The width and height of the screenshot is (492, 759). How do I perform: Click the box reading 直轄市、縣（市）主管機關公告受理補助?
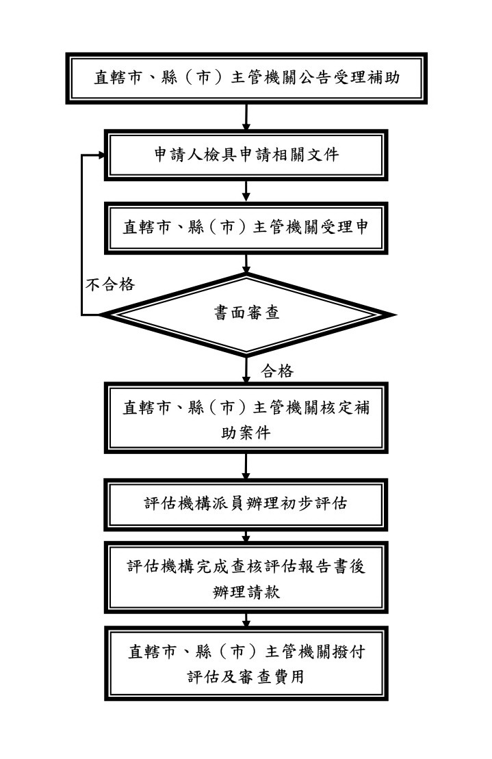pos(246,77)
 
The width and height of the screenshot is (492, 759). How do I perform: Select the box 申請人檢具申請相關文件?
pos(246,155)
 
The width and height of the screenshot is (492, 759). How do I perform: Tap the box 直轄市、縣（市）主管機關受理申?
pos(246,228)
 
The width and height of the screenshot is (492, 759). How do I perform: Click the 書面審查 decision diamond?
pos(246,314)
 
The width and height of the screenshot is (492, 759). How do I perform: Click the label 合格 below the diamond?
pos(277,371)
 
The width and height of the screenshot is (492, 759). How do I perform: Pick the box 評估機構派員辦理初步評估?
pos(246,505)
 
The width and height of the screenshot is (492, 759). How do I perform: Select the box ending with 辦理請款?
pos(246,578)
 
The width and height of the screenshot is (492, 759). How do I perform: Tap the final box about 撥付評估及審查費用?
pos(246,663)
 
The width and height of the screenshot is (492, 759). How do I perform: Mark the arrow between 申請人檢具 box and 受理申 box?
pos(246,191)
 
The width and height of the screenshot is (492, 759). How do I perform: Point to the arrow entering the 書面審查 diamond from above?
pos(246,263)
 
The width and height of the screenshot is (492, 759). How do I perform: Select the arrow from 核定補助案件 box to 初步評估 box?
pos(246,466)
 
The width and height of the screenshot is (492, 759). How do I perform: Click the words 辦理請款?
pos(246,592)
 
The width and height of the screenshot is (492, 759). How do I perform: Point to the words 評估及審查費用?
pos(246,677)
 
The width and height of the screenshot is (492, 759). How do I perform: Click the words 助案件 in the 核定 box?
pos(148,432)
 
